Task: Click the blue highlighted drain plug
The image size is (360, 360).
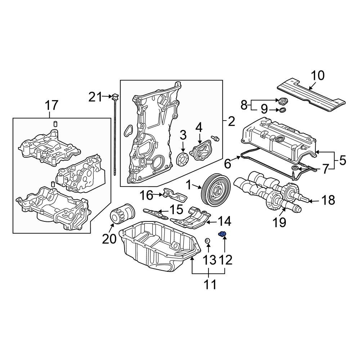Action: (x=222, y=235)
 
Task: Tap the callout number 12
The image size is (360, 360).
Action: (x=224, y=259)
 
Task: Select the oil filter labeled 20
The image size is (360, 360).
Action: (x=121, y=215)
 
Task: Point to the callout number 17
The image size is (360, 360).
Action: (x=51, y=105)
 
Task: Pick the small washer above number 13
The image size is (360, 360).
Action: (x=208, y=241)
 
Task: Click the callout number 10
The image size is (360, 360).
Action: (x=318, y=76)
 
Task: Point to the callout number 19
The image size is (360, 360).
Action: (x=280, y=222)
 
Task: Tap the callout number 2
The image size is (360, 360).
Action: (x=231, y=122)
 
